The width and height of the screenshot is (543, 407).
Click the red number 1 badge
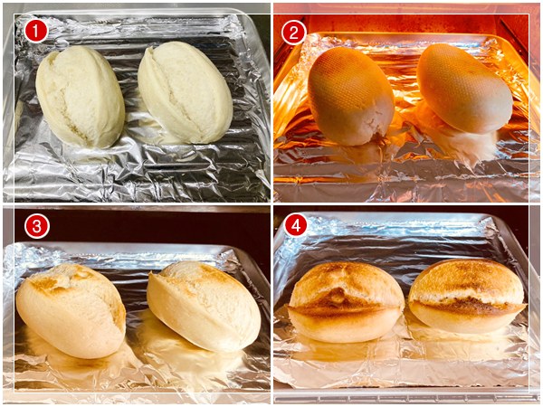[36, 32]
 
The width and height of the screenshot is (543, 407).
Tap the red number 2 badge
[293, 33]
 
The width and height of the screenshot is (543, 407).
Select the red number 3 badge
[37, 226]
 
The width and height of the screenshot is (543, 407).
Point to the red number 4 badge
[295, 225]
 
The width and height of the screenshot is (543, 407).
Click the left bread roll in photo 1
[80, 97]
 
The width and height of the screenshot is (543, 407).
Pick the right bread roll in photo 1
[185, 92]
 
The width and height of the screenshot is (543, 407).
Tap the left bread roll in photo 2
[350, 96]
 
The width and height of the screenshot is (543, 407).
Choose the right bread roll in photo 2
[464, 89]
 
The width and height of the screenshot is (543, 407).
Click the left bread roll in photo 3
[71, 310]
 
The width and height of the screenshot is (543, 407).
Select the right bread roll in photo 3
[204, 306]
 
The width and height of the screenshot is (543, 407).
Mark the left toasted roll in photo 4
[347, 302]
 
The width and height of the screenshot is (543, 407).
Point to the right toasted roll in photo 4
[468, 296]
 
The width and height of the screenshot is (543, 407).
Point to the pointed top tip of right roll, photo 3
[152, 275]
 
